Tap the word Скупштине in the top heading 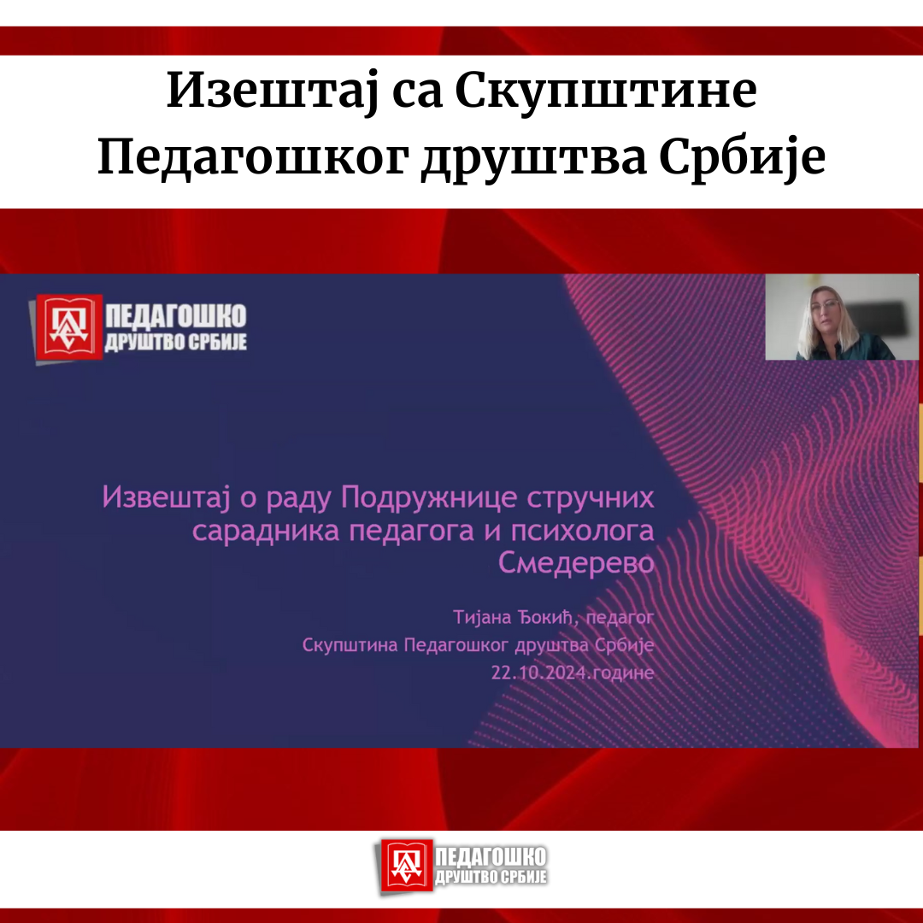(x=606, y=91)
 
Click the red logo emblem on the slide (x=68, y=326)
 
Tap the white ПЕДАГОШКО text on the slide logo (x=176, y=316)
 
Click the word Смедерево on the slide (x=576, y=562)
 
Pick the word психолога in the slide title (x=582, y=531)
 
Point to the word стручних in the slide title (x=591, y=498)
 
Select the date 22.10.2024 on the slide (x=539, y=673)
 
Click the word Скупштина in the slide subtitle (x=350, y=645)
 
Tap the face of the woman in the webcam (x=826, y=312)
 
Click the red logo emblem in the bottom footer (x=407, y=866)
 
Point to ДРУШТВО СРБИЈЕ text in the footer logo (x=491, y=877)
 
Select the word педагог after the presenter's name (x=620, y=618)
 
